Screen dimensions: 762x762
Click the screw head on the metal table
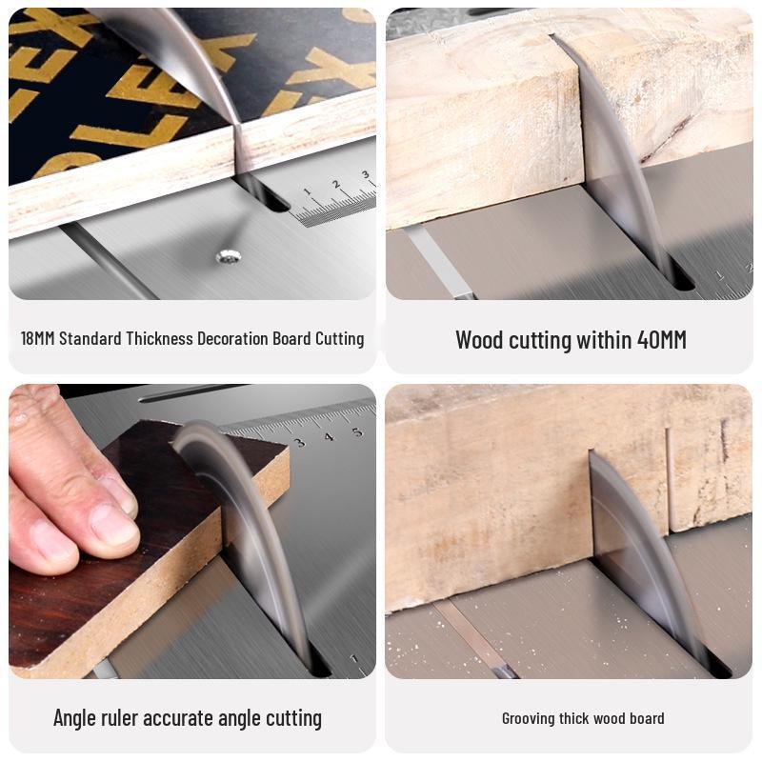227,255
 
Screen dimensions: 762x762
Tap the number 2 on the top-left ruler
335,184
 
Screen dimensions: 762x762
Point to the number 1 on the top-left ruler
307,193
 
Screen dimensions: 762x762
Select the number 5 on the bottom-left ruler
356,432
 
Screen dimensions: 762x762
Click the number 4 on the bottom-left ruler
329,437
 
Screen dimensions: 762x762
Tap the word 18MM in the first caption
37,338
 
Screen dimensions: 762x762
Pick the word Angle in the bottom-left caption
74,717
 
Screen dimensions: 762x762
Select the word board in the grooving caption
647,718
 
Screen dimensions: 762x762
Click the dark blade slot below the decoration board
267,194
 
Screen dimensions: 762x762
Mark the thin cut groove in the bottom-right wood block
669,476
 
